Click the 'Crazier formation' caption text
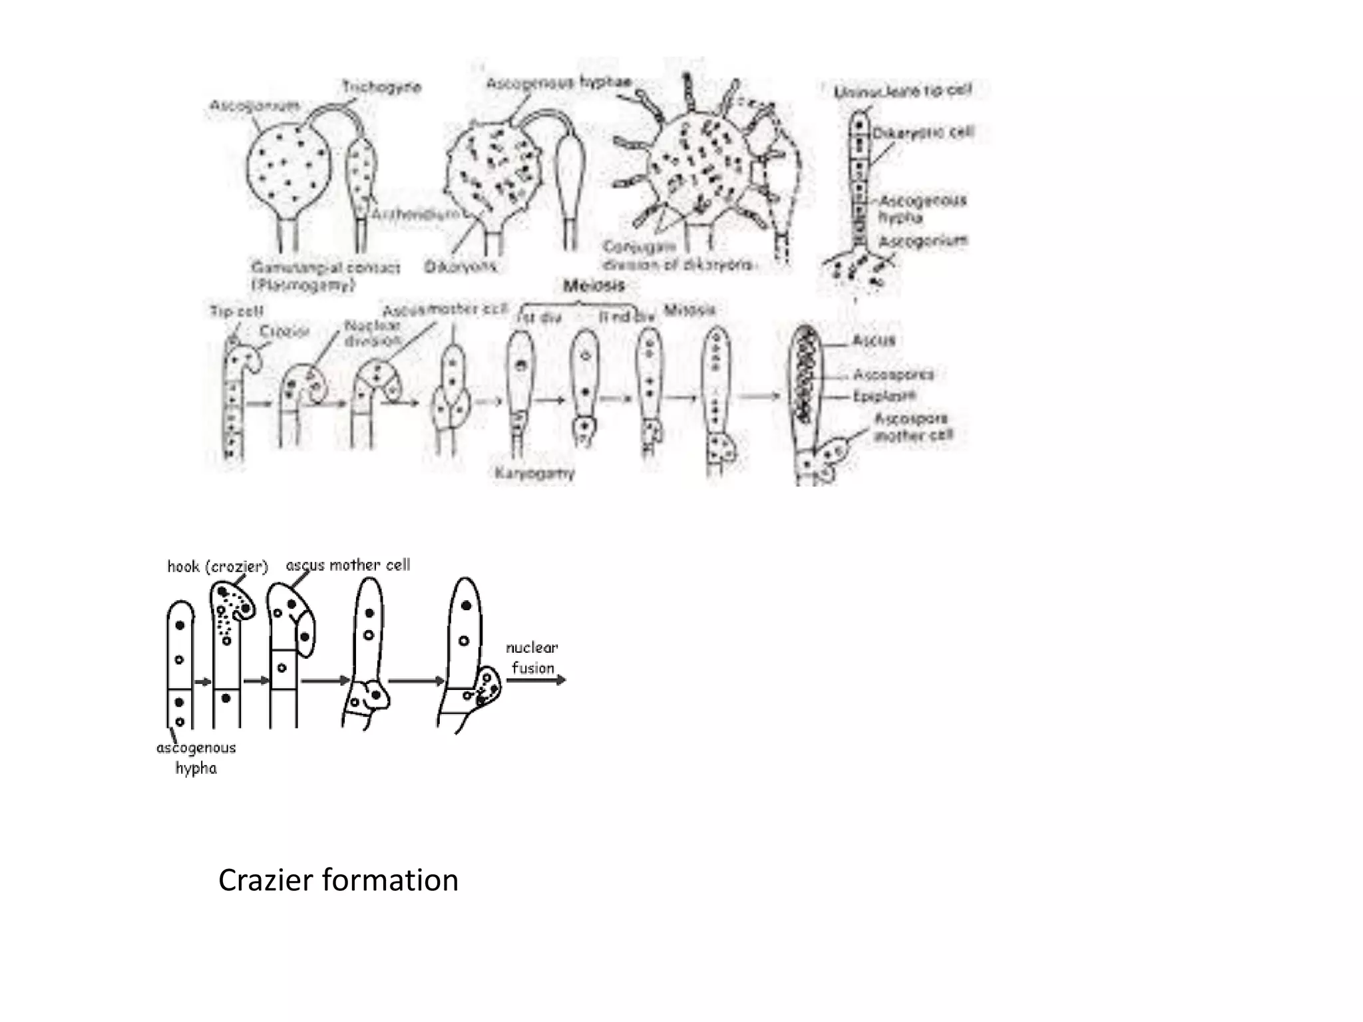coord(338,880)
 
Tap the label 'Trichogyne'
coord(381,86)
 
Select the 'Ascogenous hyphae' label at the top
coord(558,83)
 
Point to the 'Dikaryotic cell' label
coord(922,133)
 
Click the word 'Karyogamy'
coord(534,473)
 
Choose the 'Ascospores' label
coord(893,375)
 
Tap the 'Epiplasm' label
coord(884,396)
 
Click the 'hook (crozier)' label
coord(218,566)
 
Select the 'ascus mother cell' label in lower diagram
coord(347,565)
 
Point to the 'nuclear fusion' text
coord(532,657)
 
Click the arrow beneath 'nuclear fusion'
coord(536,680)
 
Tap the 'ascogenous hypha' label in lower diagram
coord(196,757)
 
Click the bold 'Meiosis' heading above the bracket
coord(594,285)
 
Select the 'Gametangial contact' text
coord(325,267)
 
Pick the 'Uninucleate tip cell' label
coord(902,90)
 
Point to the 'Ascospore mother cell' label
coord(912,427)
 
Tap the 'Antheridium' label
coord(415,214)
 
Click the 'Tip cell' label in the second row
coord(237,311)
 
